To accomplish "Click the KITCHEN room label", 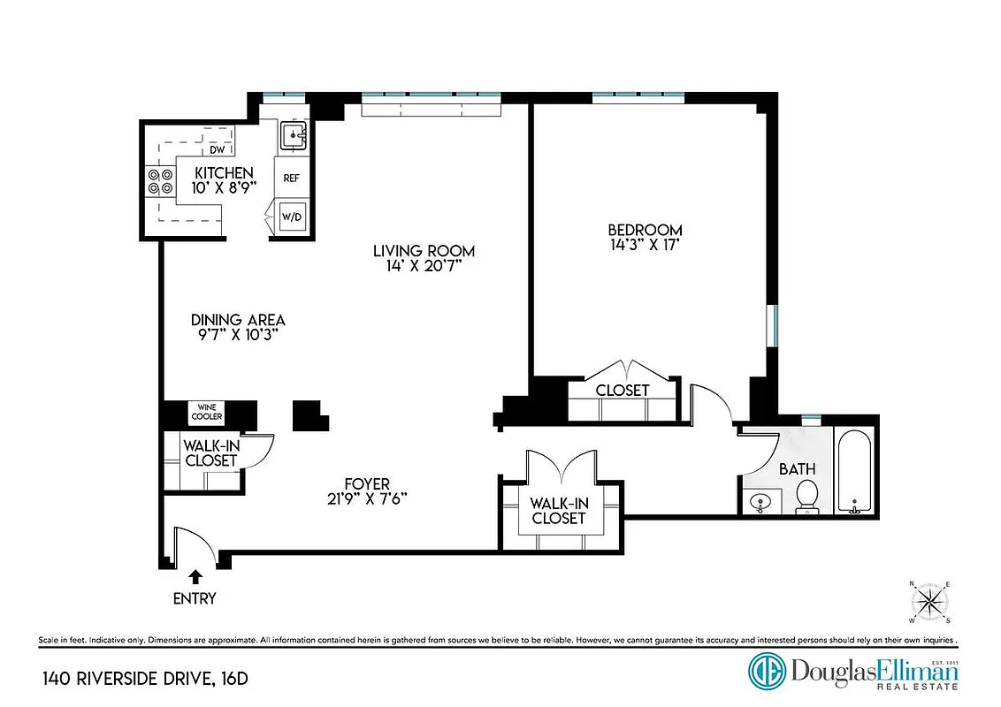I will pyautogui.click(x=224, y=172).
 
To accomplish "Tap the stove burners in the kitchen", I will pyautogui.click(x=161, y=181).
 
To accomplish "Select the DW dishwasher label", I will pyautogui.click(x=218, y=149).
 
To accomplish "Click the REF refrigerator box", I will pyautogui.click(x=291, y=178).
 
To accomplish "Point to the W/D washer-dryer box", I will pyautogui.click(x=291, y=217).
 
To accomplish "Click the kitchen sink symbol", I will pyautogui.click(x=294, y=136).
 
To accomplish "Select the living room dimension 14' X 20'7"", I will pyautogui.click(x=424, y=266).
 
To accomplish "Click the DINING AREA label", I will pyautogui.click(x=238, y=320).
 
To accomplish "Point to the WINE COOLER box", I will pyautogui.click(x=207, y=412).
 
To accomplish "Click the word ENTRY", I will pyautogui.click(x=195, y=598).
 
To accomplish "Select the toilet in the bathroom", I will pyautogui.click(x=806, y=497).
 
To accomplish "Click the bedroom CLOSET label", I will pyautogui.click(x=622, y=390).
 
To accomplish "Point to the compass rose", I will pyautogui.click(x=928, y=603).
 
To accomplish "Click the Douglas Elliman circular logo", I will pyautogui.click(x=767, y=670).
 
